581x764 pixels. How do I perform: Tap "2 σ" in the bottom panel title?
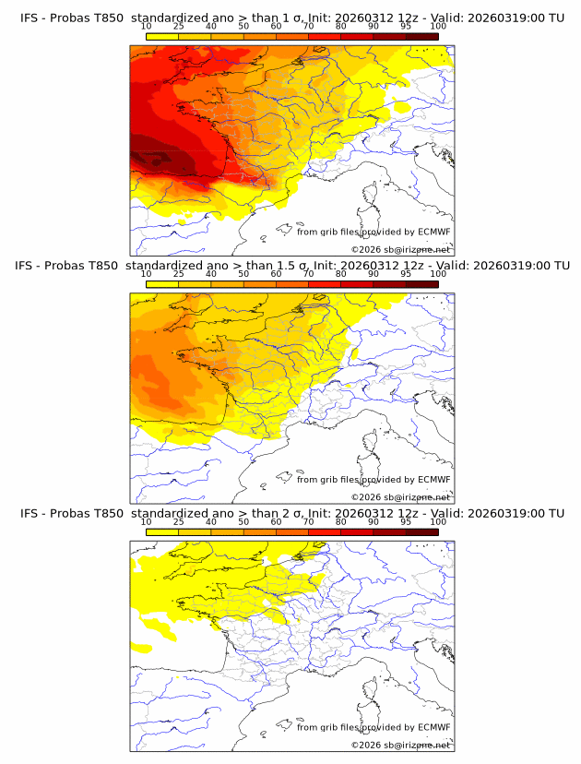295,513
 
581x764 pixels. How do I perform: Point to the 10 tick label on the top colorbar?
146,27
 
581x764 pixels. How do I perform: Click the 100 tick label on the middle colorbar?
438,274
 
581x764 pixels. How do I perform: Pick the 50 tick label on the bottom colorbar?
243,521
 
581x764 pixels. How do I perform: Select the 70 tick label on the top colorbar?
308,27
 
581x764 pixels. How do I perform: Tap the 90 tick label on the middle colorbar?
373,274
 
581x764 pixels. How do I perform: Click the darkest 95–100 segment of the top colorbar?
422,36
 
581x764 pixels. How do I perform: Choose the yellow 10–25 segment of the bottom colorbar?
162,531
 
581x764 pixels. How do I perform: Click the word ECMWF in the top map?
434,233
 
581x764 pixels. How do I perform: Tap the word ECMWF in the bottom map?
434,727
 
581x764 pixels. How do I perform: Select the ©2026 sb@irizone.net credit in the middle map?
400,497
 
